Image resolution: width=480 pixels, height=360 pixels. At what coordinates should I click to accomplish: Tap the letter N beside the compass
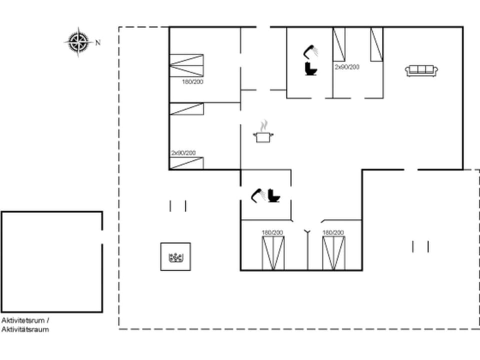pyautogui.click(x=98, y=42)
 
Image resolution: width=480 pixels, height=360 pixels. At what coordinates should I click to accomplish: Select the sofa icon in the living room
pyautogui.click(x=421, y=70)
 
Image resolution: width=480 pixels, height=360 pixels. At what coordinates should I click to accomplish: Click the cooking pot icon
pyautogui.click(x=262, y=136)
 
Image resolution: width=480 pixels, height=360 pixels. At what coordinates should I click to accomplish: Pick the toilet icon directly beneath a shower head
pyautogui.click(x=311, y=69)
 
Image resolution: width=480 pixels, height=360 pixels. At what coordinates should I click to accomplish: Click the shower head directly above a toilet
pyautogui.click(x=310, y=50)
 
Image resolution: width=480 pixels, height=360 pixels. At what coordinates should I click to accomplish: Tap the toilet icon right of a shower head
pyautogui.click(x=274, y=195)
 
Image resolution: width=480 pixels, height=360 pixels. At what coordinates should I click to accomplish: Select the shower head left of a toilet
pyautogui.click(x=258, y=195)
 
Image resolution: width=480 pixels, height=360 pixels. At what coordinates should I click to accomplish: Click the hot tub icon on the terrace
pyautogui.click(x=175, y=257)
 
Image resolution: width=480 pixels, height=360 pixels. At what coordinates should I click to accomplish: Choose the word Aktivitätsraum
pyautogui.click(x=25, y=329)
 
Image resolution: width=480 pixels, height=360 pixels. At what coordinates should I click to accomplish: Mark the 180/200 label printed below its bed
pyautogui.click(x=192, y=81)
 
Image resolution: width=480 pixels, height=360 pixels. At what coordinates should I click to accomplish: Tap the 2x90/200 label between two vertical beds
pyautogui.click(x=347, y=66)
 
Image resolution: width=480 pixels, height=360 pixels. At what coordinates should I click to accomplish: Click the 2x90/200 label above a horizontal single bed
pyautogui.click(x=183, y=153)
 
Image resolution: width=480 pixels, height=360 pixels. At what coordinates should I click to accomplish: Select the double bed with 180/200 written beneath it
pyautogui.click(x=186, y=65)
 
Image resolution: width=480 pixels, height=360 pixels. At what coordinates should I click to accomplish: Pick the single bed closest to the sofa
pyautogui.click(x=376, y=44)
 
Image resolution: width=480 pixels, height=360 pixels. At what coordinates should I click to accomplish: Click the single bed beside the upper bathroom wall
pyautogui.click(x=339, y=44)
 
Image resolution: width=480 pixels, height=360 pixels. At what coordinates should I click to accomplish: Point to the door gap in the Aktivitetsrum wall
pyautogui.click(x=102, y=237)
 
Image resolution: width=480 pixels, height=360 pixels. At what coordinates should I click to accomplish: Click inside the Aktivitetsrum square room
pyautogui.click(x=51, y=261)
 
